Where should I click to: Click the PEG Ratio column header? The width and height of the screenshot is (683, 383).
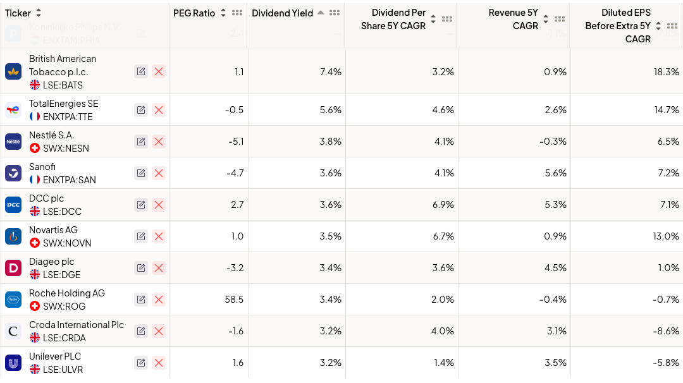tap(194, 13)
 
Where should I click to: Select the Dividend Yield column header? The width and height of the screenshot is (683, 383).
tap(282, 13)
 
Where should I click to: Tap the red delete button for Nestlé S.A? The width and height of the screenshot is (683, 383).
tap(159, 142)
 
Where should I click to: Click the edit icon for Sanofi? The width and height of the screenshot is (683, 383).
tap(141, 173)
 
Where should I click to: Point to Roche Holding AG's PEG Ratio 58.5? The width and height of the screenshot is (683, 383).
tap(234, 300)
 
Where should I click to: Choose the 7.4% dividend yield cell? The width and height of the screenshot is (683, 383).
tap(331, 72)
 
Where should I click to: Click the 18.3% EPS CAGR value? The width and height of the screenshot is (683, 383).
tap(667, 72)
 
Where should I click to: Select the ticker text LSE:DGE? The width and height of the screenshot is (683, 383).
tap(61, 275)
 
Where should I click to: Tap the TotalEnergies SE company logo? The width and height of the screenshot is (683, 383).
tap(13, 110)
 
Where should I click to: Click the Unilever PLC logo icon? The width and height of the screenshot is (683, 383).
tap(13, 363)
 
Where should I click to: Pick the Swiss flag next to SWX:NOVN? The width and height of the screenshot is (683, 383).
tap(35, 243)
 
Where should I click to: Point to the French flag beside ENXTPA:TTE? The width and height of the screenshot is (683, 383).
tap(35, 117)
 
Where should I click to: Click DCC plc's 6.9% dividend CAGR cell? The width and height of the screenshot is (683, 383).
tap(443, 205)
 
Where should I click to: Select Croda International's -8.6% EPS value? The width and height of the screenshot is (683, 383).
tap(667, 331)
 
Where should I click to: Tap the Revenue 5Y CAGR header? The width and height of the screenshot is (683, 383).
tap(513, 19)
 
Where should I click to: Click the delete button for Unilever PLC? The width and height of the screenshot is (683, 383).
tap(159, 363)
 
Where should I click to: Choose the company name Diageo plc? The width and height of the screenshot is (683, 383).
tap(52, 262)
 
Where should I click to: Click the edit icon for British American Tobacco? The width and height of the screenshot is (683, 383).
tap(141, 72)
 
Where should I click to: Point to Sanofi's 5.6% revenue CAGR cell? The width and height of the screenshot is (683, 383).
tap(555, 173)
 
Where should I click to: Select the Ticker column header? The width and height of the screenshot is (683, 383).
tap(18, 13)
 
